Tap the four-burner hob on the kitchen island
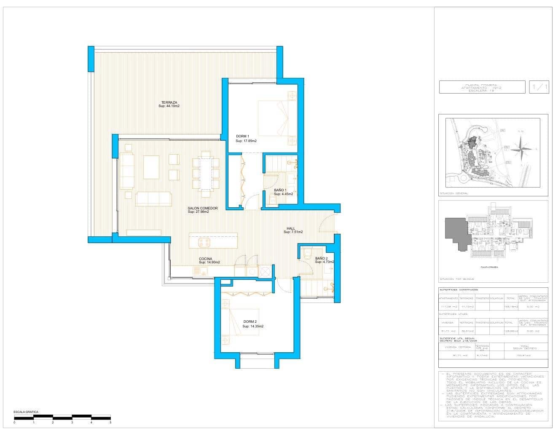(204, 242)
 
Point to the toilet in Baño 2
(307, 253)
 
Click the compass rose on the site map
(522, 150)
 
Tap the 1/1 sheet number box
(539, 87)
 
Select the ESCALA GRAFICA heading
(26, 412)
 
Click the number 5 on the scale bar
(110, 422)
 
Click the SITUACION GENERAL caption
(453, 193)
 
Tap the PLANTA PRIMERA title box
(482, 87)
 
